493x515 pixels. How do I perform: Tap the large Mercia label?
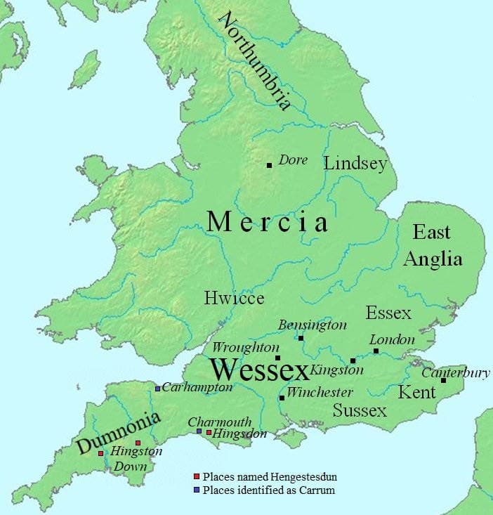[x=268, y=223]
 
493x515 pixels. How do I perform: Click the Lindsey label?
[x=355, y=164]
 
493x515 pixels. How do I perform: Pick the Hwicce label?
[x=234, y=298]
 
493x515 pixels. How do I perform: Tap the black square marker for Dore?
[x=269, y=165]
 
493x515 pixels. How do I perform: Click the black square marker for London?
[x=376, y=351]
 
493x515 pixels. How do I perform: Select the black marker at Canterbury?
[x=443, y=380]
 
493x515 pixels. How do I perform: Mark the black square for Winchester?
[x=282, y=398]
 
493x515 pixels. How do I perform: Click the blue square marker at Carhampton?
[x=158, y=389]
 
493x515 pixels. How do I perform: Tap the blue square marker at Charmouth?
[x=199, y=431]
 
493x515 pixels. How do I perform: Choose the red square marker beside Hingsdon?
[x=209, y=432]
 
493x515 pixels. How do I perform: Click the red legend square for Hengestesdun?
[x=197, y=477]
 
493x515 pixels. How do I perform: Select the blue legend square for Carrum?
[x=197, y=489]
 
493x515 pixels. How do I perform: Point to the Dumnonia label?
[x=119, y=431]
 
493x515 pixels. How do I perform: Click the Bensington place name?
[x=313, y=325]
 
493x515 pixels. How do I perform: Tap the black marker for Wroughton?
[x=277, y=358]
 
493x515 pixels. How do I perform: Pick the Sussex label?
[x=360, y=410]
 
